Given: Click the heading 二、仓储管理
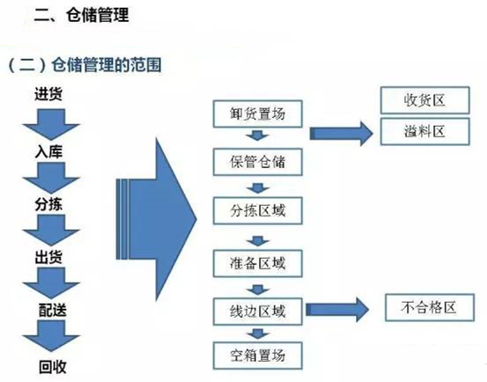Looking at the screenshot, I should point(85,15).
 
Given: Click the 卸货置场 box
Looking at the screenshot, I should point(258,114).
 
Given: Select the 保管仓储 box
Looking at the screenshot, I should point(258,162).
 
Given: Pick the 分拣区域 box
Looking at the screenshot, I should point(258,212).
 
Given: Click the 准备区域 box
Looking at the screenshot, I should point(258,261).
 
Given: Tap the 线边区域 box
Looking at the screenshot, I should point(258,310).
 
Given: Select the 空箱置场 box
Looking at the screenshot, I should point(258,356).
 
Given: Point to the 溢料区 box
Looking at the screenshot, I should point(426,132).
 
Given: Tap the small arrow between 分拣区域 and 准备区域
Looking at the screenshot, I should point(258,237).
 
